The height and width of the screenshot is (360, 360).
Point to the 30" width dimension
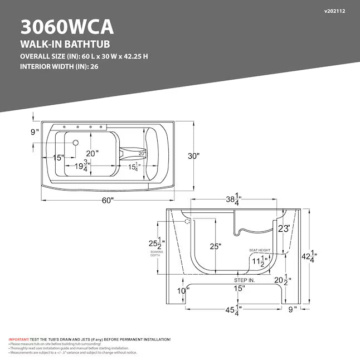pos(193,156)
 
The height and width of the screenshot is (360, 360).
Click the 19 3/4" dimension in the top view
pos(82,166)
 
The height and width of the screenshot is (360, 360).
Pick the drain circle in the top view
pos(75,143)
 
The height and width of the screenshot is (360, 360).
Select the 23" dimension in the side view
pos(284,228)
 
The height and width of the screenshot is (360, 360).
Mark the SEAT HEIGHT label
pos(260,250)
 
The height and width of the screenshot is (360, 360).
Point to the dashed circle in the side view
pos(187,221)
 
